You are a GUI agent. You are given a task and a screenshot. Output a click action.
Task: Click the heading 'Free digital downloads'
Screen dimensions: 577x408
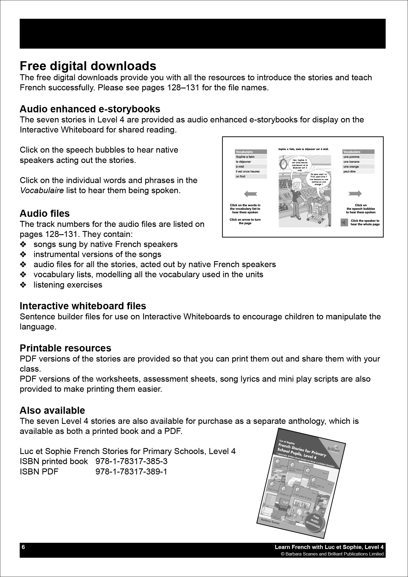pyautogui.click(x=88, y=66)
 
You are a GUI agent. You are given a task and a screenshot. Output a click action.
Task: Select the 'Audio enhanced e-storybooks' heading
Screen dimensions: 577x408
pyautogui.click(x=90, y=109)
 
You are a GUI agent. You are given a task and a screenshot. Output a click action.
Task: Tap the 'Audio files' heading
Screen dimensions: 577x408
pyautogui.click(x=45, y=214)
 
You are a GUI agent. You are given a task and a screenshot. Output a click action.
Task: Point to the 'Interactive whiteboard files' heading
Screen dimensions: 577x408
pyautogui.click(x=83, y=306)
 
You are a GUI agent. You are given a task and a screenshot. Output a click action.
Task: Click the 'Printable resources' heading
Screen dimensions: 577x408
pyautogui.click(x=65, y=348)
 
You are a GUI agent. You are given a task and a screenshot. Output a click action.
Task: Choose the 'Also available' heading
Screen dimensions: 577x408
pyautogui.click(x=52, y=411)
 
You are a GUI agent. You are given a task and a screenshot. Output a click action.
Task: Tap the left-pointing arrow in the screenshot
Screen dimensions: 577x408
pyautogui.click(x=251, y=194)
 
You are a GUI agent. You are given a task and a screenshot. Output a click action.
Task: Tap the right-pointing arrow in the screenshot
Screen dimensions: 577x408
pyautogui.click(x=355, y=194)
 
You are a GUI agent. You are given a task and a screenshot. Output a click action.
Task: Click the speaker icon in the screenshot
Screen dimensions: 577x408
pyautogui.click(x=344, y=223)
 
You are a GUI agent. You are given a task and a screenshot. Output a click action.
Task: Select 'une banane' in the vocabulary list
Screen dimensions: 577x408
pyautogui.click(x=351, y=162)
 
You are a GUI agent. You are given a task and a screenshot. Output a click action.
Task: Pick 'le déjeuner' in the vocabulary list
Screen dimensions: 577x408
pyautogui.click(x=244, y=162)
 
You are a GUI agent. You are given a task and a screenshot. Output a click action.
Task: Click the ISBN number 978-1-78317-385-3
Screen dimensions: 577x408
pyautogui.click(x=131, y=461)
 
